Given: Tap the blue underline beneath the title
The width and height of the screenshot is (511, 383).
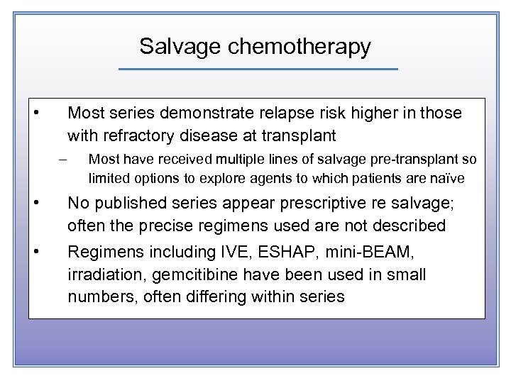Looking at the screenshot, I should tap(258, 69).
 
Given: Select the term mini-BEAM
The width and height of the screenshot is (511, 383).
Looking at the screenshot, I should tap(358, 252).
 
